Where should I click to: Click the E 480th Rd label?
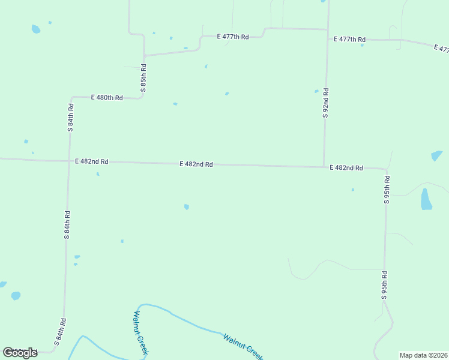point(107,97)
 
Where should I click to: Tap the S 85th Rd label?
point(143,78)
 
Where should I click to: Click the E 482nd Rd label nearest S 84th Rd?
point(92,161)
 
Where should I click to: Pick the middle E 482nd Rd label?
point(196,164)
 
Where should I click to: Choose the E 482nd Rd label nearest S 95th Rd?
point(346,168)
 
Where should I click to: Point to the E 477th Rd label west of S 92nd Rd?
point(233,37)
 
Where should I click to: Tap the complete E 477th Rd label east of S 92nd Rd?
point(349,40)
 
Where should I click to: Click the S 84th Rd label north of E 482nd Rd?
point(70,117)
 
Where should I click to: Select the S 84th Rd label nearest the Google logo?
point(59,332)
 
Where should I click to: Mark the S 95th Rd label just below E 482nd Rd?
point(387,190)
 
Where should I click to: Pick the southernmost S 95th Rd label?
point(384,286)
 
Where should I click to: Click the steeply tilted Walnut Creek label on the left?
point(140,333)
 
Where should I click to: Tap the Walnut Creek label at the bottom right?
point(243,347)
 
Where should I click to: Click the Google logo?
point(20,353)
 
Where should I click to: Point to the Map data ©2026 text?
point(423,355)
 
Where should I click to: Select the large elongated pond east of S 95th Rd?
point(426,199)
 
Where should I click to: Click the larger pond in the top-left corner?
point(35,29)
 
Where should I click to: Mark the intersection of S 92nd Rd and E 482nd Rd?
point(324,167)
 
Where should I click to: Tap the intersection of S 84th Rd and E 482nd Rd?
point(68,161)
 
